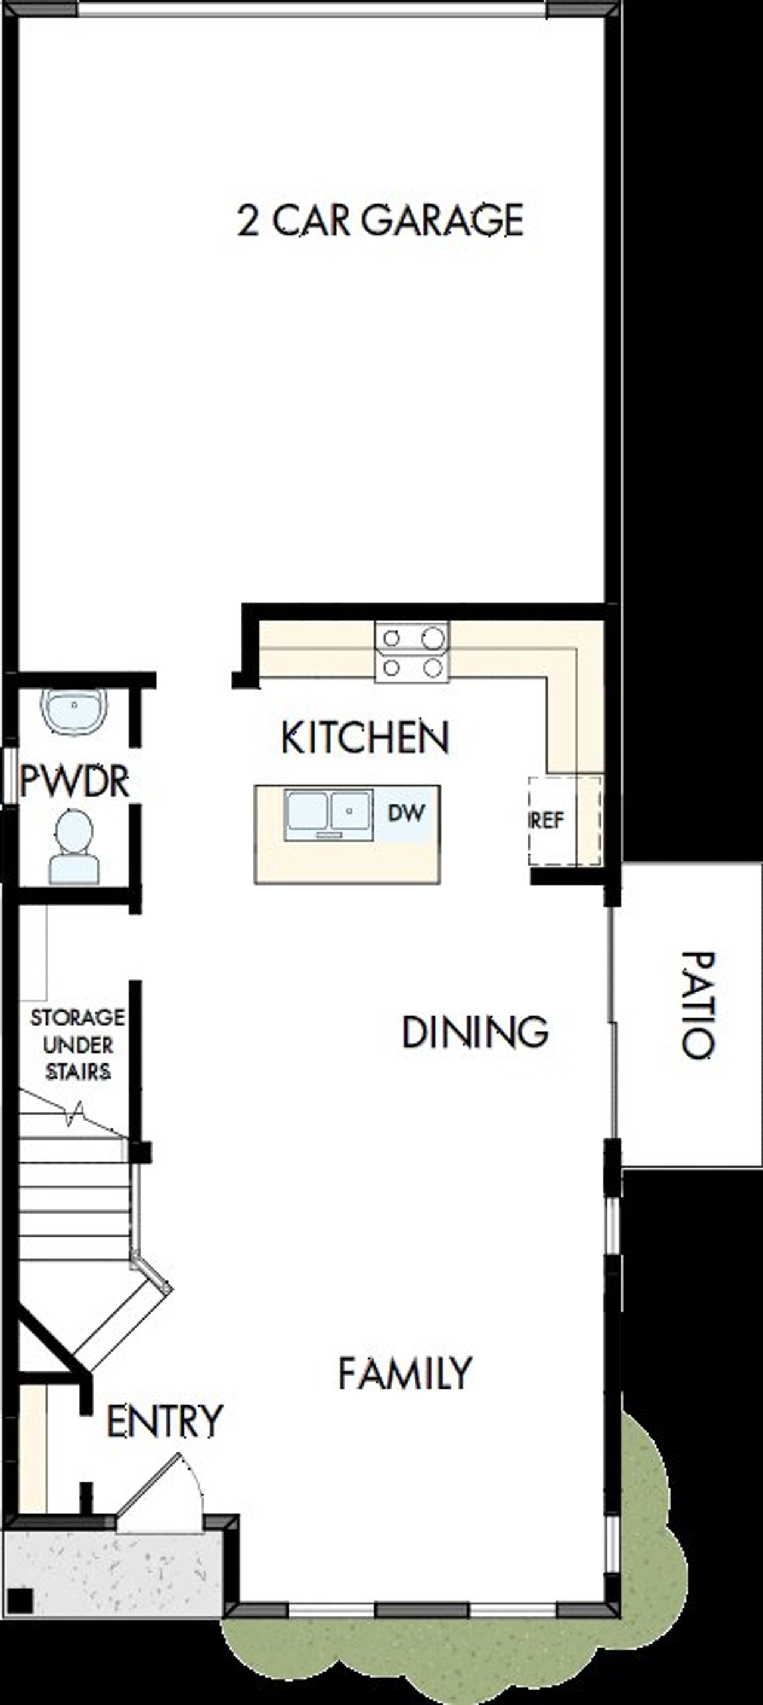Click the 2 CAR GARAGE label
380,220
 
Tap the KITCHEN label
365,738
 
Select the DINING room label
475,1032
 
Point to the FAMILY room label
405,1373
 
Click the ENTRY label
165,1421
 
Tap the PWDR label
74,781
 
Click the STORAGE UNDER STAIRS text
77,1045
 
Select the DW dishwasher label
405,812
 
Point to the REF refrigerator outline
565,821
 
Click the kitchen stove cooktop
412,652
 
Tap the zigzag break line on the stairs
75,1113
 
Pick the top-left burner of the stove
392,638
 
